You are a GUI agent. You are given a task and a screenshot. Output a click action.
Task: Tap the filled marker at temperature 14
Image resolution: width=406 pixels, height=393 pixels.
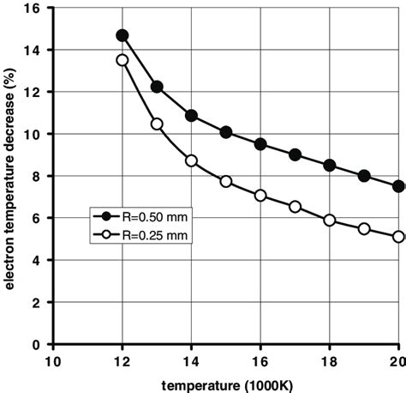(x=191, y=115)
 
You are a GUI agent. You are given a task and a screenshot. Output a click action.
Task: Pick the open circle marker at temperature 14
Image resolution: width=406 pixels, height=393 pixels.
(x=191, y=160)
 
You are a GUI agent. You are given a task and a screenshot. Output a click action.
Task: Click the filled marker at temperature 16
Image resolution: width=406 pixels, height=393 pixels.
(x=260, y=144)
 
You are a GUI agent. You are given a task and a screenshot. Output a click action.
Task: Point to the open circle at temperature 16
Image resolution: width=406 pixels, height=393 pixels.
(x=260, y=196)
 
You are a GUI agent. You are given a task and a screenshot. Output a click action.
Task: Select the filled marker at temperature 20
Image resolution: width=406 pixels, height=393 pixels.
(x=398, y=186)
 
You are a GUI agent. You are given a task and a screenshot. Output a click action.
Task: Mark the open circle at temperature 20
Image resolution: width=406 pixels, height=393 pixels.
(x=398, y=237)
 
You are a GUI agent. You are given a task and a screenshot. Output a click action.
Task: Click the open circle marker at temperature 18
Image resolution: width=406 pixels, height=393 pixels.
(x=330, y=221)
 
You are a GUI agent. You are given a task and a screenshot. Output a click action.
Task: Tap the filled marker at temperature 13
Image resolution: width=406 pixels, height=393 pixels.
(x=157, y=87)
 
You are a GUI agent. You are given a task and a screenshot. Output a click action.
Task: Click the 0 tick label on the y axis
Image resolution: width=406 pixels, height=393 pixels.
(x=40, y=344)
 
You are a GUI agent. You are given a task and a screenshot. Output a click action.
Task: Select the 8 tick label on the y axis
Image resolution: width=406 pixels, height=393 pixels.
(x=40, y=177)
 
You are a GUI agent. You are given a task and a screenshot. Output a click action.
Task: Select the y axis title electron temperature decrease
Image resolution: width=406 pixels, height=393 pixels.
(x=10, y=176)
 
